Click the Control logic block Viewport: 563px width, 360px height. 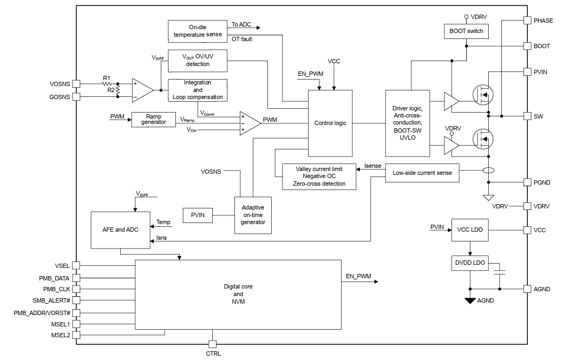coord(330,123)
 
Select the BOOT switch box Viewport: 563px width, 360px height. coord(466,31)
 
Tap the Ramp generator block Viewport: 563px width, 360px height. coord(153,120)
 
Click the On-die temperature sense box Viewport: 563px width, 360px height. coord(198,31)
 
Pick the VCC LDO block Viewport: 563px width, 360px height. coord(470,230)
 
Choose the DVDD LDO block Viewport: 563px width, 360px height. coord(470,263)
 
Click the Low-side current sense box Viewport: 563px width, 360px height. coord(422,173)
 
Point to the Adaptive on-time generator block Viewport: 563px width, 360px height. coord(253,215)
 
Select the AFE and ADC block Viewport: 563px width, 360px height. coord(120,230)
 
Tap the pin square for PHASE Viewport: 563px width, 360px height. coord(527,21)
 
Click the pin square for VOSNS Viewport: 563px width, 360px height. coord(76,83)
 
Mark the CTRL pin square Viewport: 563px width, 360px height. coord(212,344)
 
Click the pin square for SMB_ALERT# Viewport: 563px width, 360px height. coord(76,300)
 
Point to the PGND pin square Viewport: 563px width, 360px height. coord(527,182)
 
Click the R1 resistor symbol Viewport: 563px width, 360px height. coord(107,83)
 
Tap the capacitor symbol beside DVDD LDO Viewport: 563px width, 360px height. coord(500,272)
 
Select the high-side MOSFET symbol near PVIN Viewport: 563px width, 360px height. coord(483,95)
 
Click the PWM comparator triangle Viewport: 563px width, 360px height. coord(250,123)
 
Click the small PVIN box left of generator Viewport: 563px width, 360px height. coord(198,215)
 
